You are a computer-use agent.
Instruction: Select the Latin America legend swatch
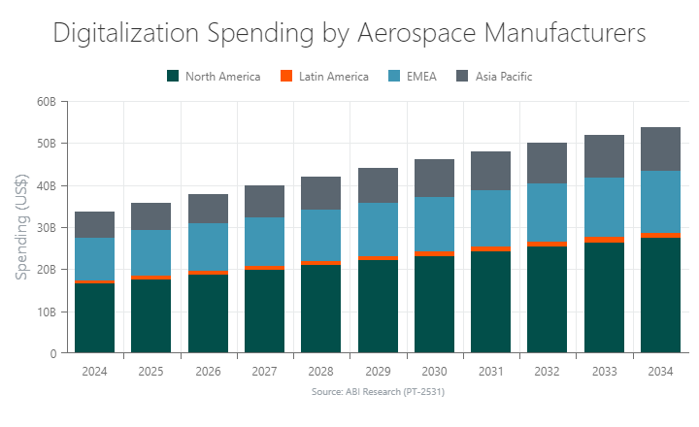click(285, 77)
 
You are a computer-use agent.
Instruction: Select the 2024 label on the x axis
click(94, 371)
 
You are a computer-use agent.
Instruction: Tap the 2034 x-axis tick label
click(660, 371)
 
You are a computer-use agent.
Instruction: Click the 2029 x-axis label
click(378, 371)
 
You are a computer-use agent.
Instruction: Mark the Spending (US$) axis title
click(20, 228)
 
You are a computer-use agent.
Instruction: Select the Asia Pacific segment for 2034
click(660, 148)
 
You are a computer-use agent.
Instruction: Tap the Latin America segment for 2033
click(604, 239)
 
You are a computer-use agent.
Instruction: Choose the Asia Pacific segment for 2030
click(434, 178)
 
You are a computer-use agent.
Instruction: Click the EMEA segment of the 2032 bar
click(548, 213)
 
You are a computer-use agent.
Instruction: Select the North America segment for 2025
click(151, 315)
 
